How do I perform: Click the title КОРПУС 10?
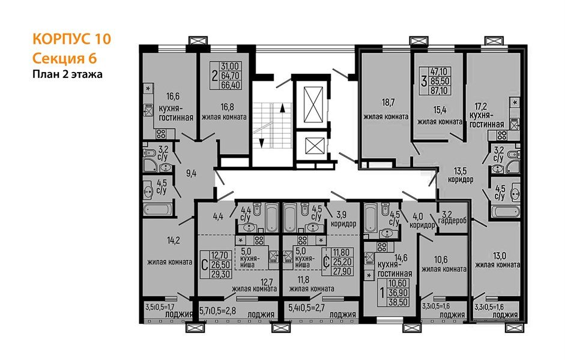(x=71, y=40)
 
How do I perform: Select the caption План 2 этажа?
(x=67, y=74)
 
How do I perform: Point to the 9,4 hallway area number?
(x=191, y=174)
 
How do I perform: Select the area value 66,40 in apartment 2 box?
(x=231, y=85)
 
